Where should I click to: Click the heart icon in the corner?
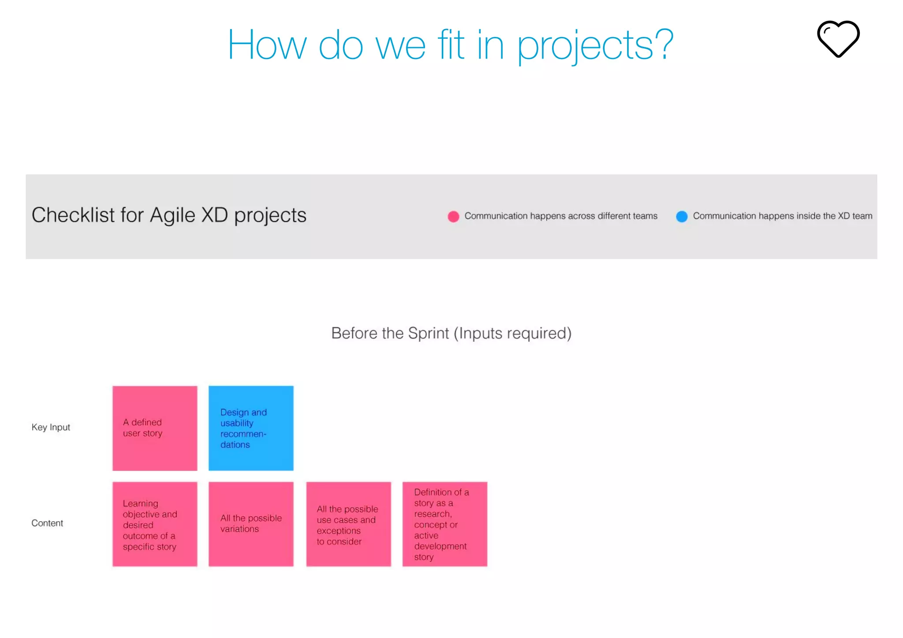pos(838,39)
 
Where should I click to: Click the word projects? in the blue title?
pos(595,45)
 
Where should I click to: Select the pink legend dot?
pos(453,216)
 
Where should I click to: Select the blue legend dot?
pos(682,216)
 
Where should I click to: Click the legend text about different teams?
pos(560,216)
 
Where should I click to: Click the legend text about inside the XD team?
pos(782,216)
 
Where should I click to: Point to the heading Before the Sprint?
pos(451,333)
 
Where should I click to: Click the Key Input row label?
pos(51,427)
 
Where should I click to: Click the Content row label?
pos(47,523)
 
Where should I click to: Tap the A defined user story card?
pos(155,428)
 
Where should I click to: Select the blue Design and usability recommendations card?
pos(251,428)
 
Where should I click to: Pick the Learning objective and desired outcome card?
pos(155,524)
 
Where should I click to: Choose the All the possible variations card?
pos(251,524)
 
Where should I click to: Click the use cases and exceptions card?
pos(348,524)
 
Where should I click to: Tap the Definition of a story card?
pos(444,524)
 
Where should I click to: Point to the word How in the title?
pos(267,45)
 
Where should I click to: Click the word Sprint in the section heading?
pos(428,334)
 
